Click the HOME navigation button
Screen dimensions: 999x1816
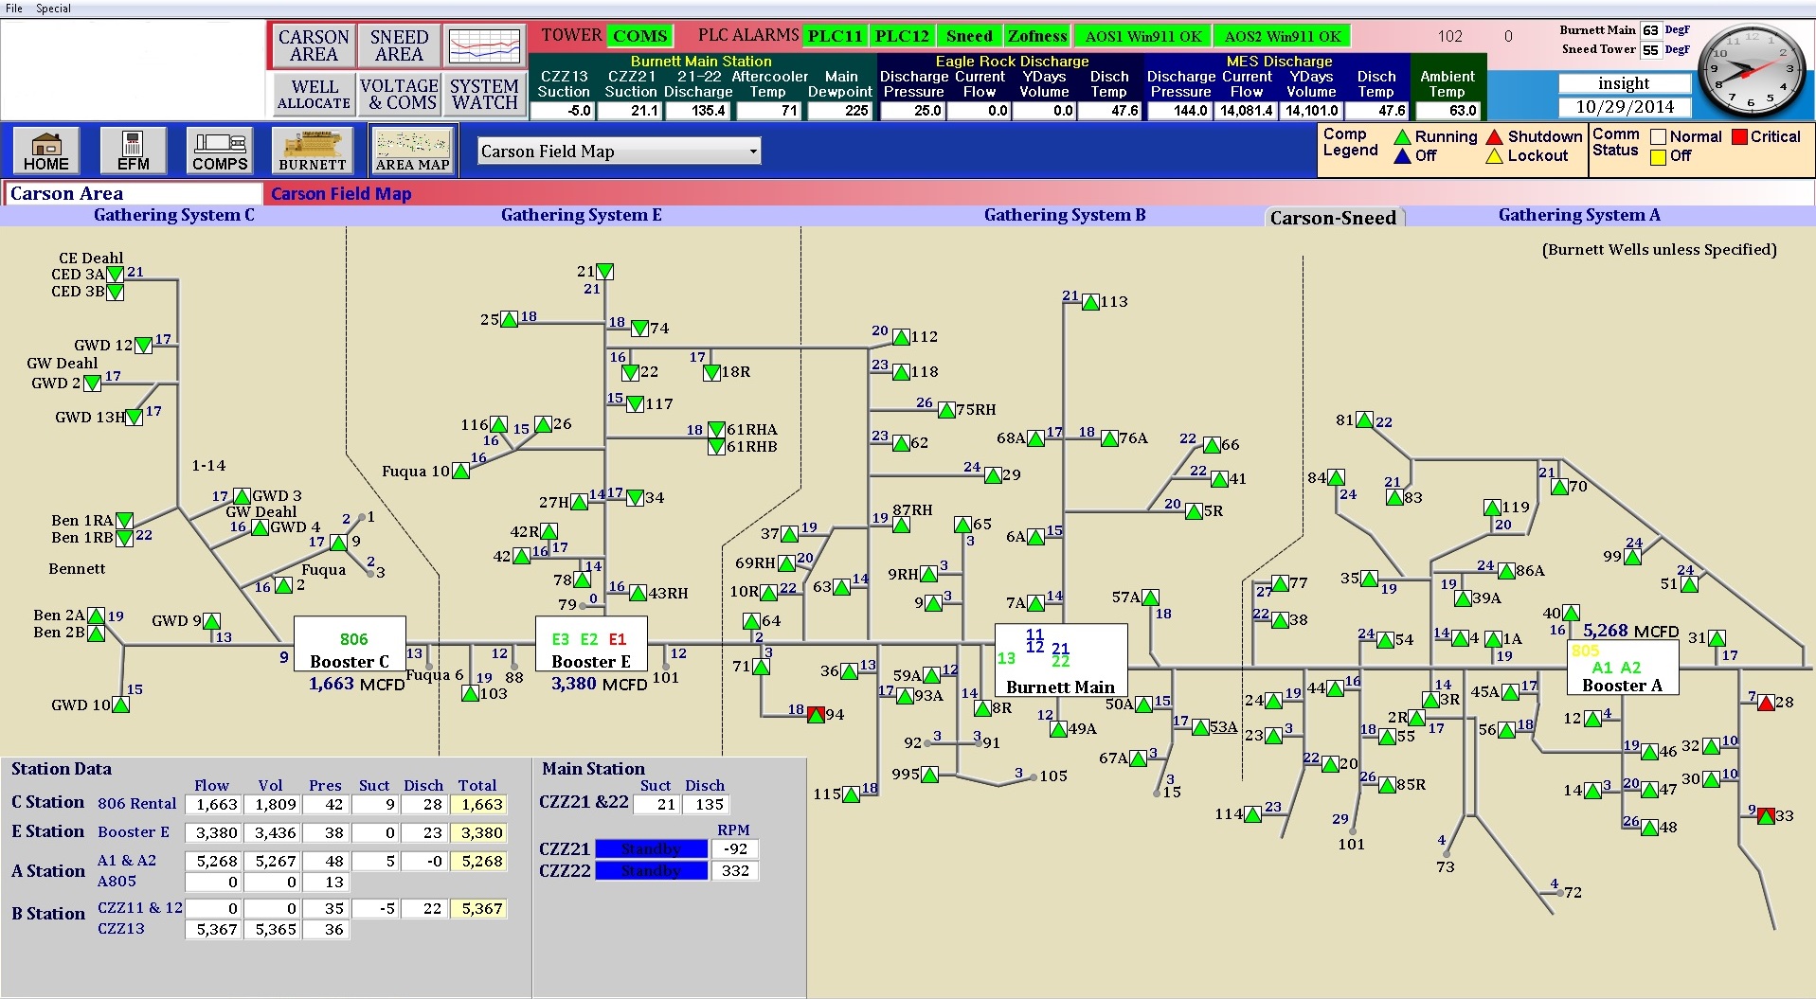tap(45, 151)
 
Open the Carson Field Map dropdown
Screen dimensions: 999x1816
tap(620, 152)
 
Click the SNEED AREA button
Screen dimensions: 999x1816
tap(399, 45)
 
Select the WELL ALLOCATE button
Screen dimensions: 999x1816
tap(315, 95)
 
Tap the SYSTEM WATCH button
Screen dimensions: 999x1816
tap(484, 95)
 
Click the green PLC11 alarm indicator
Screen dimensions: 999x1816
tap(835, 36)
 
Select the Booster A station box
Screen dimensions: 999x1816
tap(1622, 668)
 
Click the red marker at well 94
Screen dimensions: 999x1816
tap(816, 715)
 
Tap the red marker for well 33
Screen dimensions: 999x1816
tap(1766, 815)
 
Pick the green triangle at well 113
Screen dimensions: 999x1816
tap(1091, 302)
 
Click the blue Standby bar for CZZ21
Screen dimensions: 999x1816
tap(651, 848)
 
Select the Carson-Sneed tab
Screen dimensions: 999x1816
tap(1333, 218)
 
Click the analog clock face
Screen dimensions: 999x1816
tap(1750, 71)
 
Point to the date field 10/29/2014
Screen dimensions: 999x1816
tap(1625, 107)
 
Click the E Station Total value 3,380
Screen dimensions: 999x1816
tap(482, 833)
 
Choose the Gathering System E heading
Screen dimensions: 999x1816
tap(581, 215)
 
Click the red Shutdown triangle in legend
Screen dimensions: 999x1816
tap(1495, 137)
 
